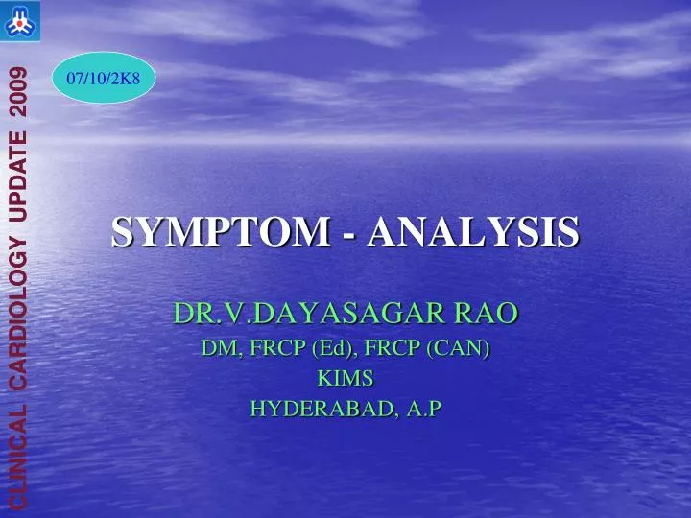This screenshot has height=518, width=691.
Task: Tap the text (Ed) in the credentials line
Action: click(331, 349)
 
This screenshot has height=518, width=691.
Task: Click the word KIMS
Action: click(345, 379)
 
